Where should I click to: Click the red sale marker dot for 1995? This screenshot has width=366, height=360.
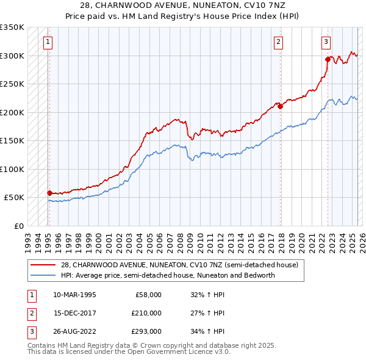pyautogui.click(x=49, y=193)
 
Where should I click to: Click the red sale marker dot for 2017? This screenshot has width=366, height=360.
pyautogui.click(x=281, y=107)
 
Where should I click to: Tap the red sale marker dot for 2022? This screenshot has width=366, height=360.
pyautogui.click(x=328, y=60)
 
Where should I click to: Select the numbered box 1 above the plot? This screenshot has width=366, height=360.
pyautogui.click(x=47, y=42)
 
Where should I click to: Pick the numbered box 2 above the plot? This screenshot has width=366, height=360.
pyautogui.click(x=278, y=42)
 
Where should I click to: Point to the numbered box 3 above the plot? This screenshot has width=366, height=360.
pyautogui.click(x=326, y=42)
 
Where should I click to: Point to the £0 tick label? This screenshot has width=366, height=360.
pyautogui.click(x=18, y=226)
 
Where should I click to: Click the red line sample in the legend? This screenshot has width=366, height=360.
pyautogui.click(x=44, y=265)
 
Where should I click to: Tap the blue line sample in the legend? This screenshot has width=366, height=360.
pyautogui.click(x=44, y=275)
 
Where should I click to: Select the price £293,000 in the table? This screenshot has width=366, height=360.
pyautogui.click(x=146, y=331)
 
